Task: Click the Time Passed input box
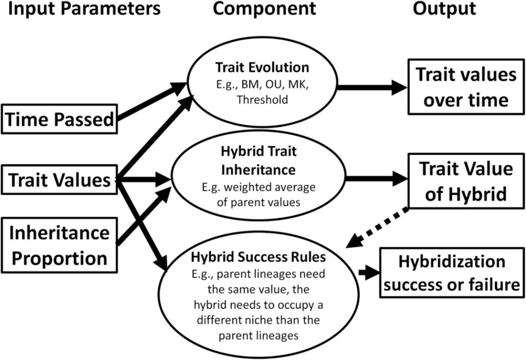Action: pos(59,120)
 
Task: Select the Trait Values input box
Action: pos(59,180)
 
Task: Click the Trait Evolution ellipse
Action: pos(262,83)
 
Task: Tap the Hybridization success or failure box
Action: pos(452,272)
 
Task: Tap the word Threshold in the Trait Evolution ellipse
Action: pos(262,101)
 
